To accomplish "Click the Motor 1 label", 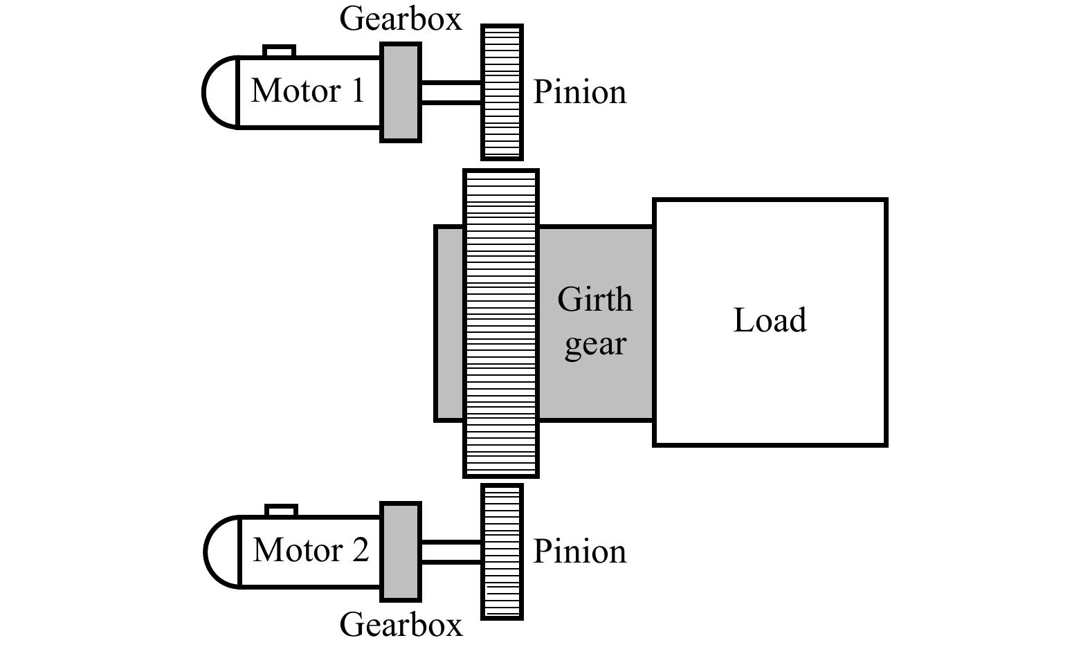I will [307, 91].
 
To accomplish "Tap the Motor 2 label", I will [311, 551].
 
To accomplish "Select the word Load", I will [770, 320].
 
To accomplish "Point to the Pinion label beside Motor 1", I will [579, 93].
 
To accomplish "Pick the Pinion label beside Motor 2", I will [579, 552].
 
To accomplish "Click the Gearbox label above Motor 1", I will [400, 19].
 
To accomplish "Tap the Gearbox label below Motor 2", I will [400, 625].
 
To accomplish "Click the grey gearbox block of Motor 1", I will [401, 93].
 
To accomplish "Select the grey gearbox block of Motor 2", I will [401, 552].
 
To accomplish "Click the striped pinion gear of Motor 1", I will [502, 93].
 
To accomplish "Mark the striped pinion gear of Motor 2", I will [502, 552].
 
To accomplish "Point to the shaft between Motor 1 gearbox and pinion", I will [451, 93].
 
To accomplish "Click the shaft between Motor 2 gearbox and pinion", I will [451, 552].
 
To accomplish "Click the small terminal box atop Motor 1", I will [280, 51].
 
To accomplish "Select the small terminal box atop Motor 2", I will [282, 511].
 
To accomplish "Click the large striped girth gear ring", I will [500, 323].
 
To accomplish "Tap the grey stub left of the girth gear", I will [449, 323].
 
